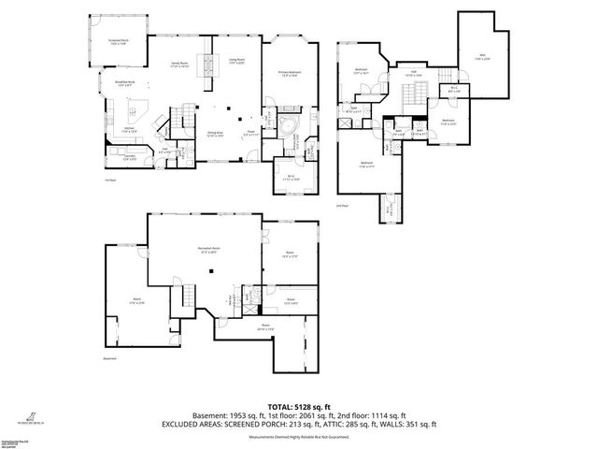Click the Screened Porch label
[x=118, y=40]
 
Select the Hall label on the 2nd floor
[x=412, y=72]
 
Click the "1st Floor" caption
[x=109, y=181]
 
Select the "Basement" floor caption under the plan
[x=109, y=359]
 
